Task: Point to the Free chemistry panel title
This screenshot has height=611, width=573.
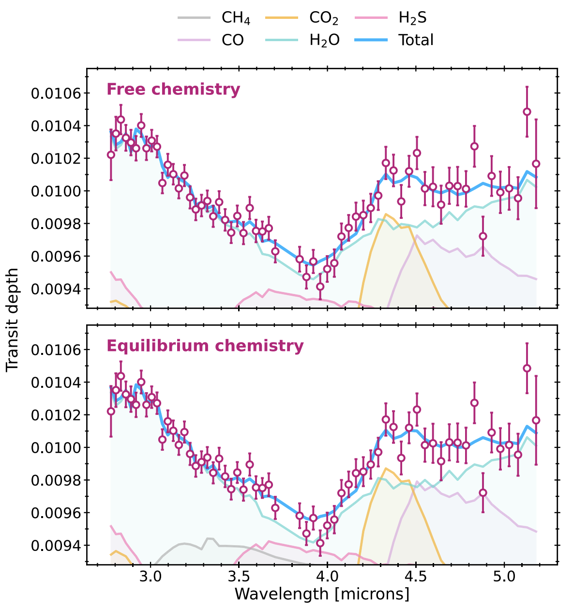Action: pyautogui.click(x=173, y=90)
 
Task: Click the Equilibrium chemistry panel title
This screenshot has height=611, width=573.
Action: pyautogui.click(x=205, y=346)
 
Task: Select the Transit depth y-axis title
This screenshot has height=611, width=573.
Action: pyautogui.click(x=13, y=320)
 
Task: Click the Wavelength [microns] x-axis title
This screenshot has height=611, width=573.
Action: pyautogui.click(x=322, y=594)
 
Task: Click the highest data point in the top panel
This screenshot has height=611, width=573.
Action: pyautogui.click(x=527, y=112)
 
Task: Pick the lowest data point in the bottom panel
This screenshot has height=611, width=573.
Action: pyautogui.click(x=320, y=543)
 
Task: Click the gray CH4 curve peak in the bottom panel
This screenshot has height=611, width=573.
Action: pyautogui.click(x=209, y=538)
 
